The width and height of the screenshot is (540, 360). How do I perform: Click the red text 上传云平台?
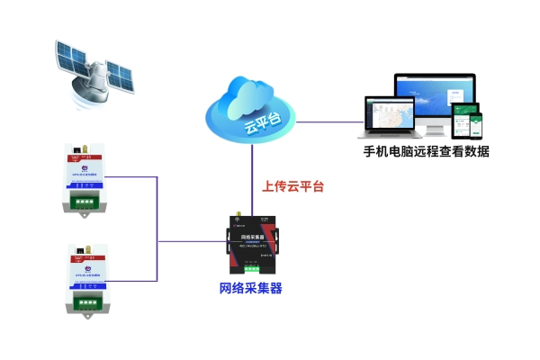(x=292, y=188)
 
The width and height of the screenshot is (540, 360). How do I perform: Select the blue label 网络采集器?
(x=251, y=289)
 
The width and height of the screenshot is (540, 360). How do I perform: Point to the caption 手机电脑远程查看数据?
(x=426, y=152)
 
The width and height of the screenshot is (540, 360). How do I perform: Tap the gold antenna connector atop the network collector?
(x=237, y=217)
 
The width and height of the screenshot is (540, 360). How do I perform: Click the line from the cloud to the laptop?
(x=328, y=121)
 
